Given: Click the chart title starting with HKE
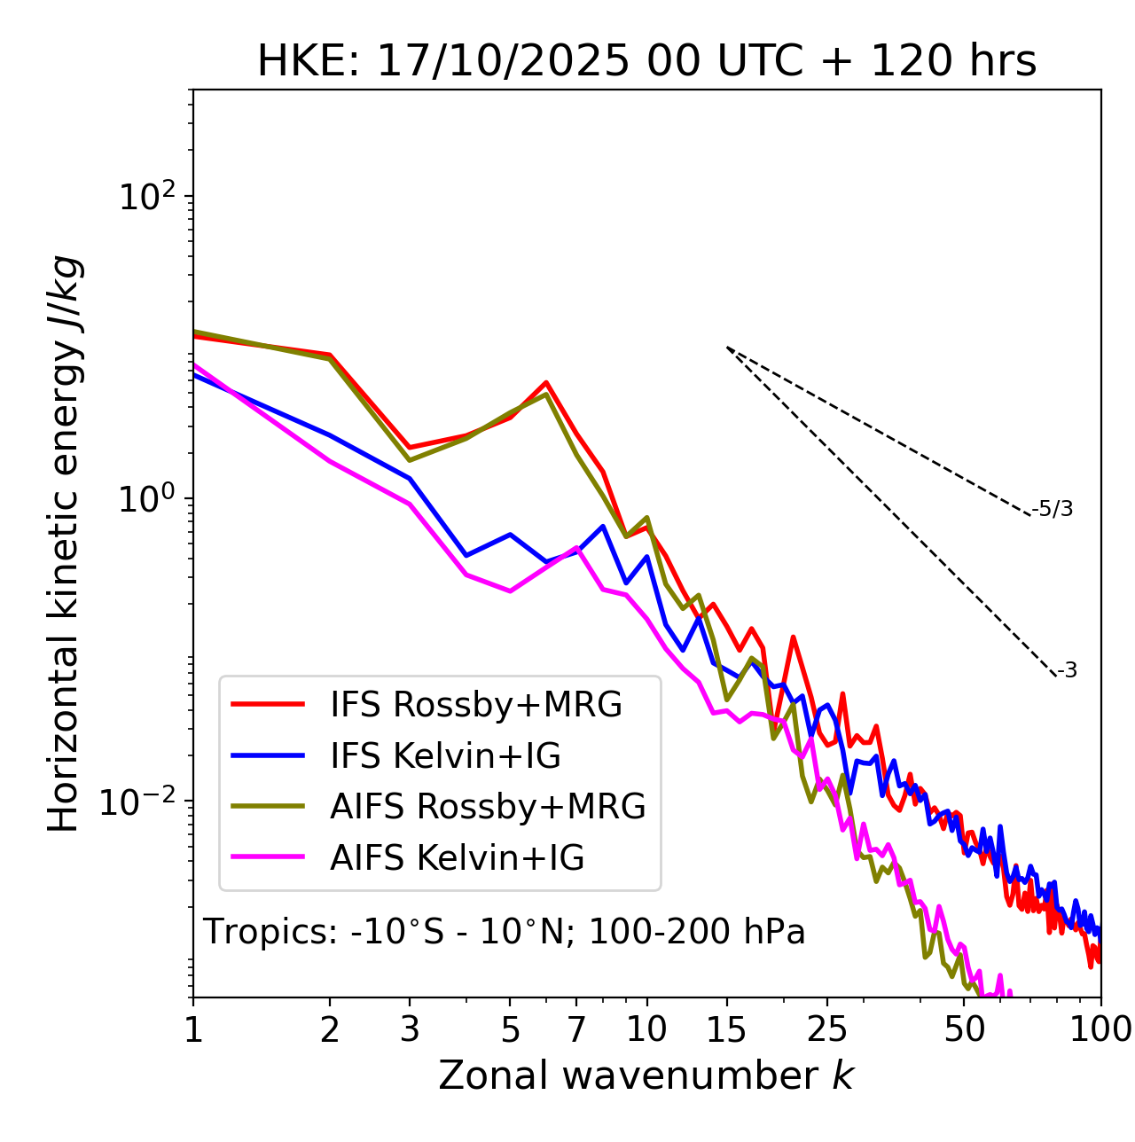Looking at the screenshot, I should pyautogui.click(x=646, y=62).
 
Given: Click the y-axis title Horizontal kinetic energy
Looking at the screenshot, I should pyautogui.click(x=64, y=544).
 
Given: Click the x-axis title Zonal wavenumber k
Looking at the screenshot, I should pyautogui.click(x=646, y=1075).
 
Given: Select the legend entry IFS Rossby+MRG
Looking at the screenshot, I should pyautogui.click(x=475, y=705).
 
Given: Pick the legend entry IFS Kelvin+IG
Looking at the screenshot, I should pyautogui.click(x=445, y=756).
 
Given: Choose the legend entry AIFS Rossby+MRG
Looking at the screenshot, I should pyautogui.click(x=488, y=807).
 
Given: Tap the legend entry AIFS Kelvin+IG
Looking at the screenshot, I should pyautogui.click(x=457, y=858).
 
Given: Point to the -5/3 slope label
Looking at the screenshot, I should pyautogui.click(x=1053, y=509).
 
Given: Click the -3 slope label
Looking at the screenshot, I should pyautogui.click(x=1067, y=671).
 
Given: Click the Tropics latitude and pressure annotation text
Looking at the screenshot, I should pyautogui.click(x=505, y=932).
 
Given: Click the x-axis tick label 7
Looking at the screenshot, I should pyautogui.click(x=576, y=1029).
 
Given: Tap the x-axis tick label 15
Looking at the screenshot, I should pyautogui.click(x=726, y=1029).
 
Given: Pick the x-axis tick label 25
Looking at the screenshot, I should pyautogui.click(x=826, y=1029).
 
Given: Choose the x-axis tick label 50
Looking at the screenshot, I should pyautogui.click(x=964, y=1029).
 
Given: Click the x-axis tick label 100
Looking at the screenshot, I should pyautogui.click(x=1100, y=1029).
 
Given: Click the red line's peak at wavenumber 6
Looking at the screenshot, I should pyautogui.click(x=546, y=382).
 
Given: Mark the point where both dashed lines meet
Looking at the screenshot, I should pyautogui.click(x=727, y=348).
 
